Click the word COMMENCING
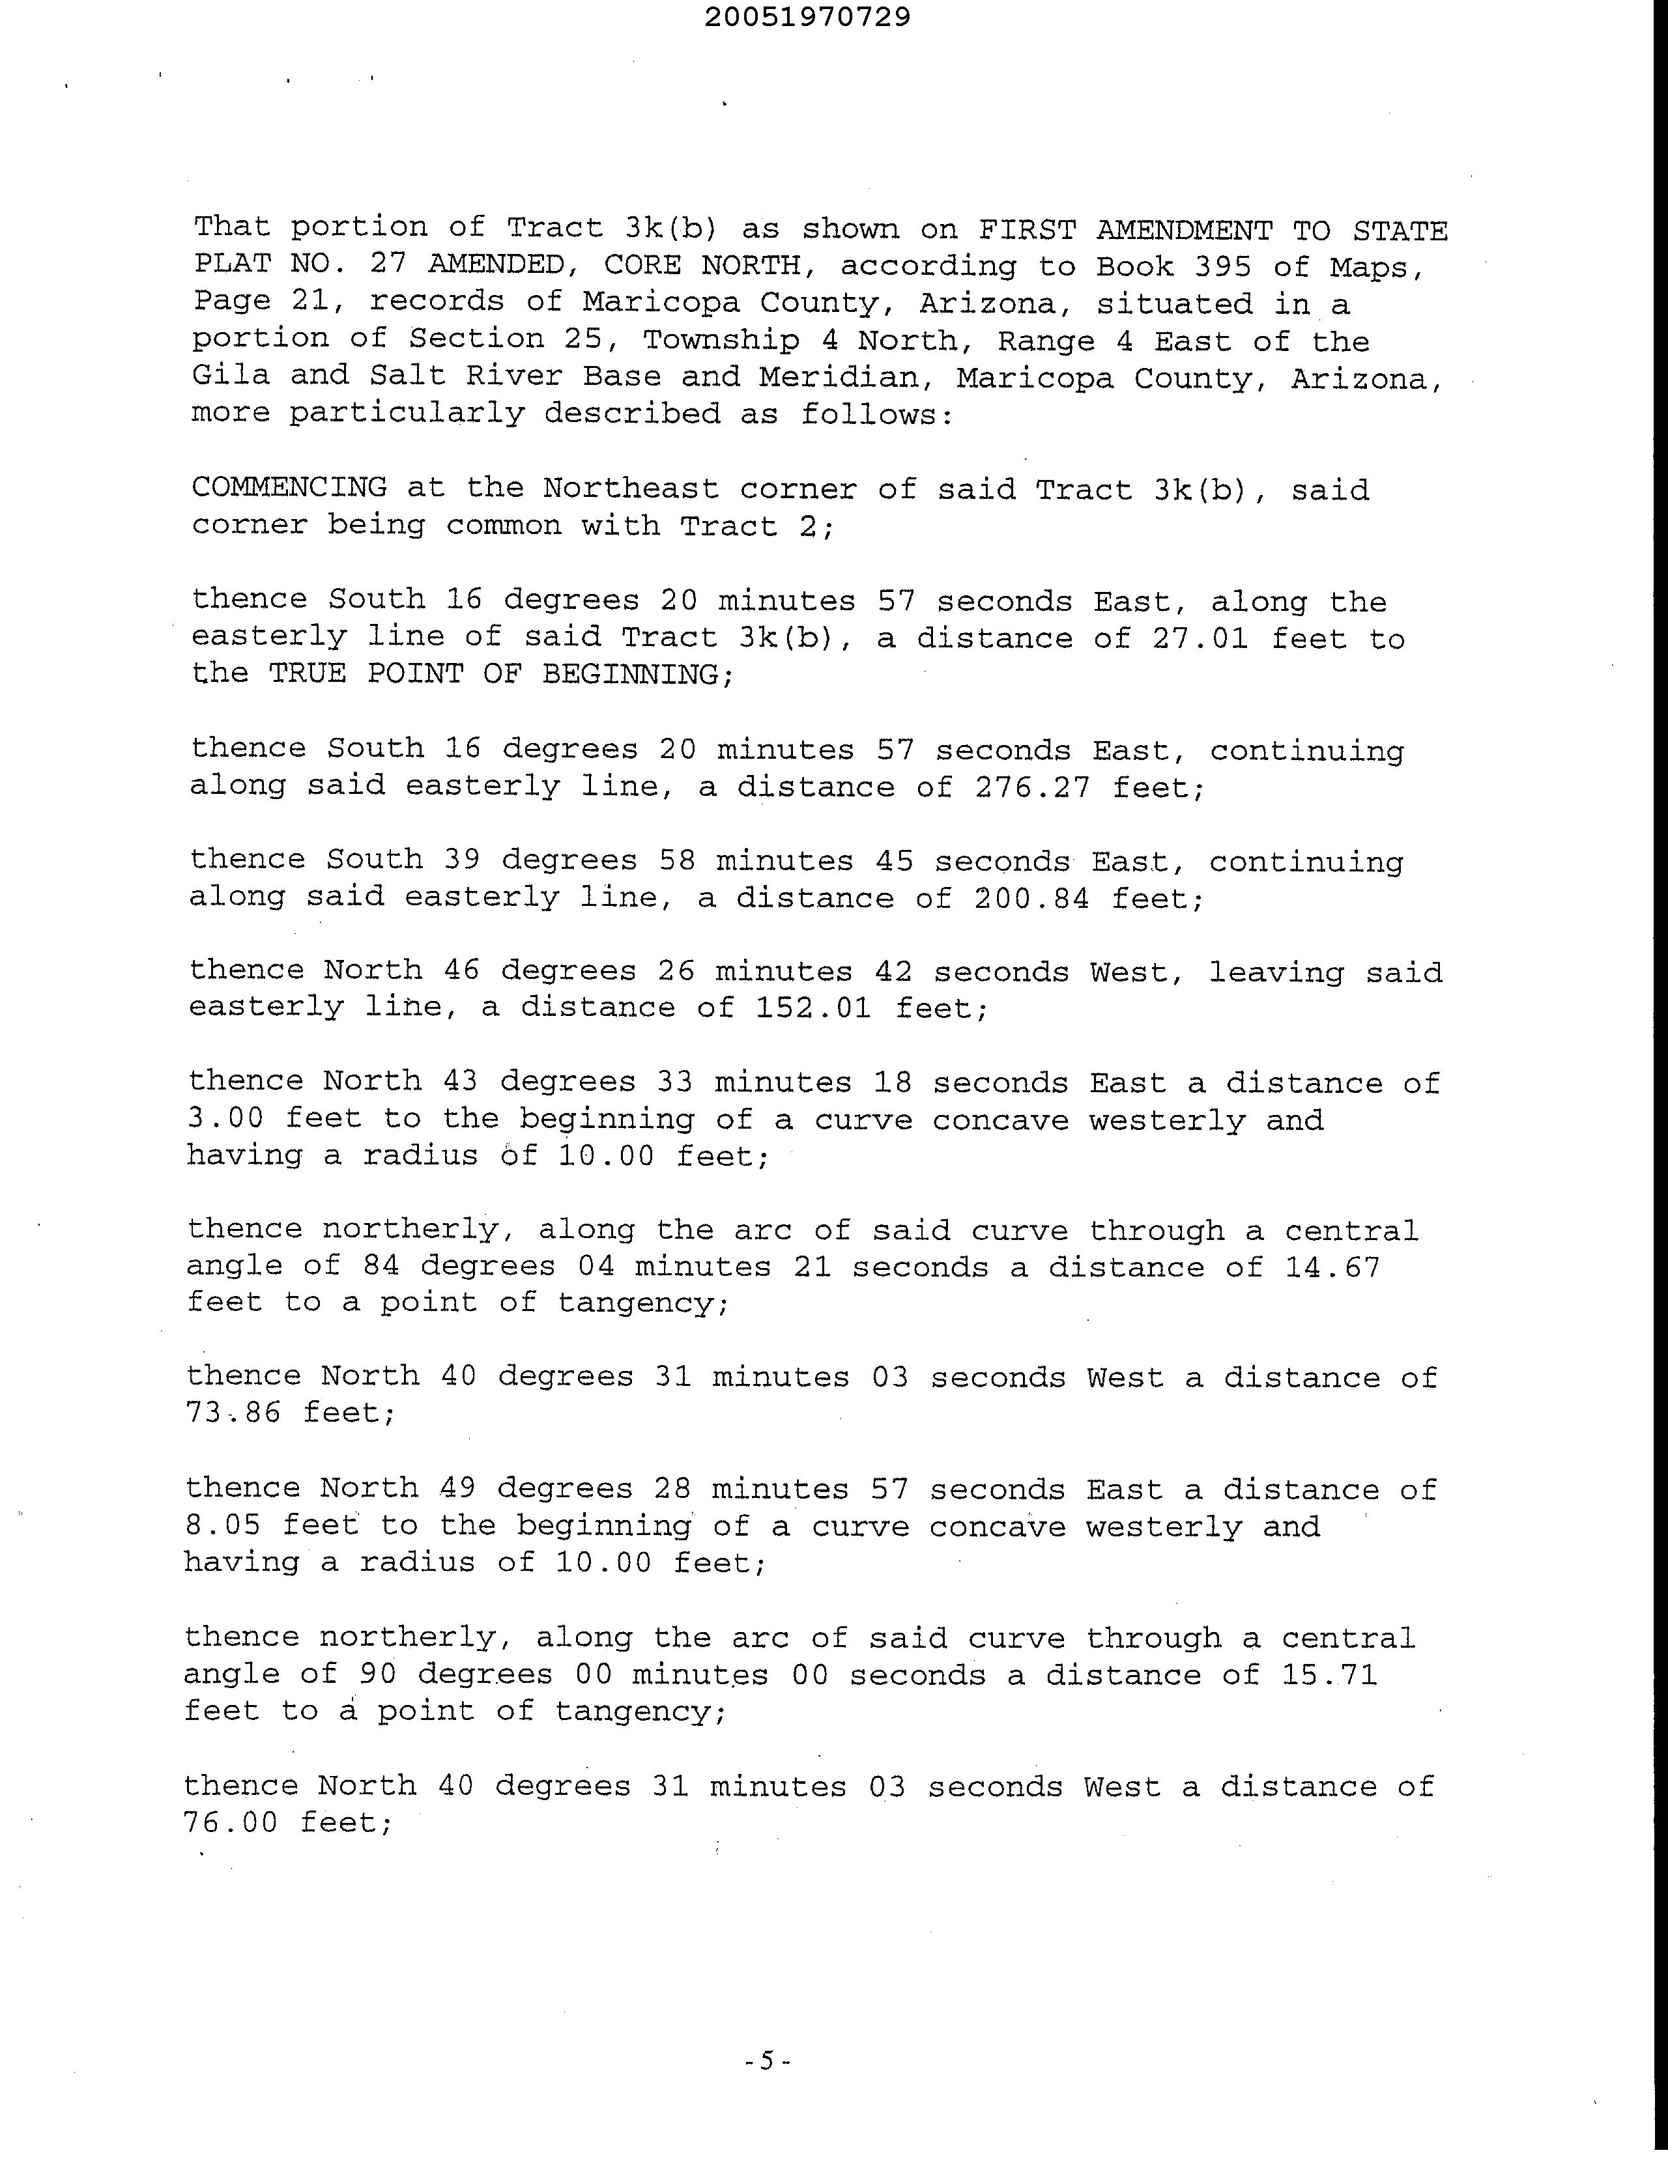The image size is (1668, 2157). coord(289,487)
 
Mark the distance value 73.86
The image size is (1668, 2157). coord(233,1413)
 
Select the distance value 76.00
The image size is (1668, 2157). coord(231,1822)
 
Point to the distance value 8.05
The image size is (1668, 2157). coord(223,1526)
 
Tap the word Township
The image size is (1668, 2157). coord(721,340)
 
